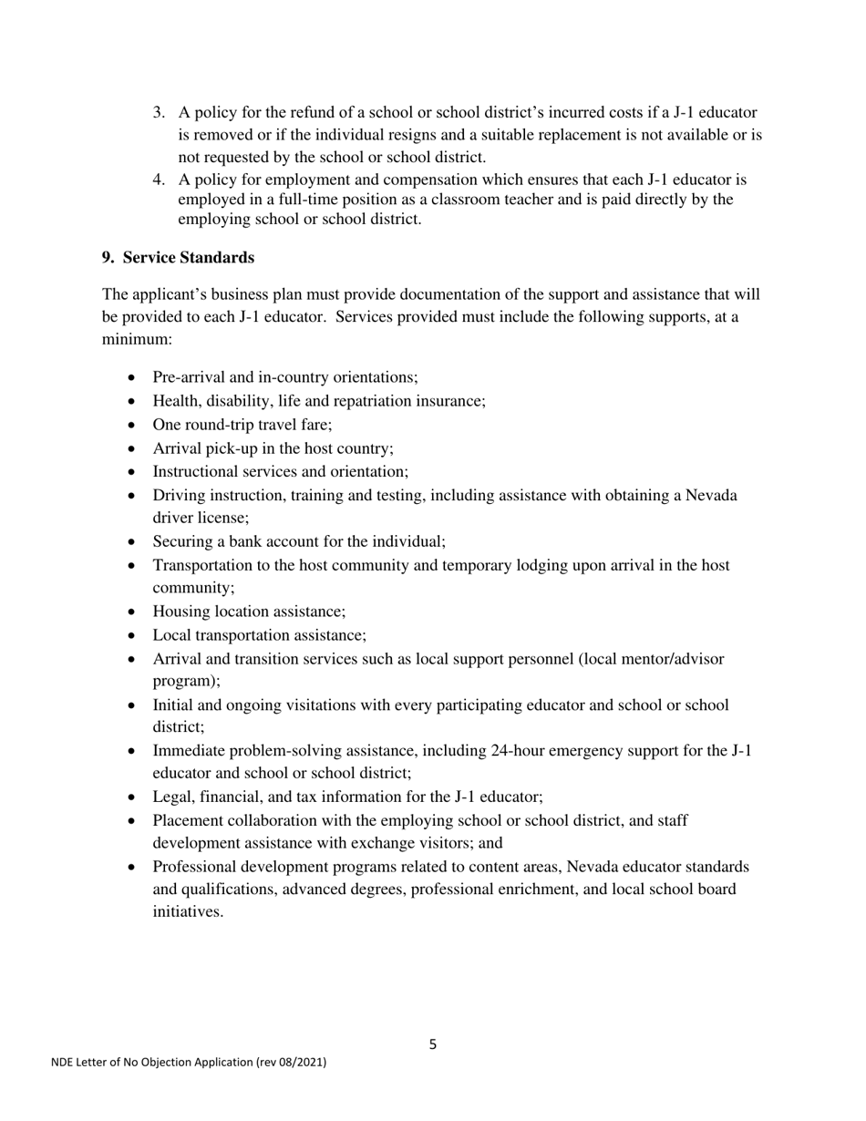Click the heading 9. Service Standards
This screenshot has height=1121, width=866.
(178, 258)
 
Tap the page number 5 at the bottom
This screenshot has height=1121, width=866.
(432, 1044)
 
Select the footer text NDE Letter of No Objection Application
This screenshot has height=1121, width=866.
(188, 1062)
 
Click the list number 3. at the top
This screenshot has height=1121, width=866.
(159, 113)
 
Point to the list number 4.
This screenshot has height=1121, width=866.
(159, 180)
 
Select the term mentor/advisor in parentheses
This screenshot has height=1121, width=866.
(671, 659)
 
